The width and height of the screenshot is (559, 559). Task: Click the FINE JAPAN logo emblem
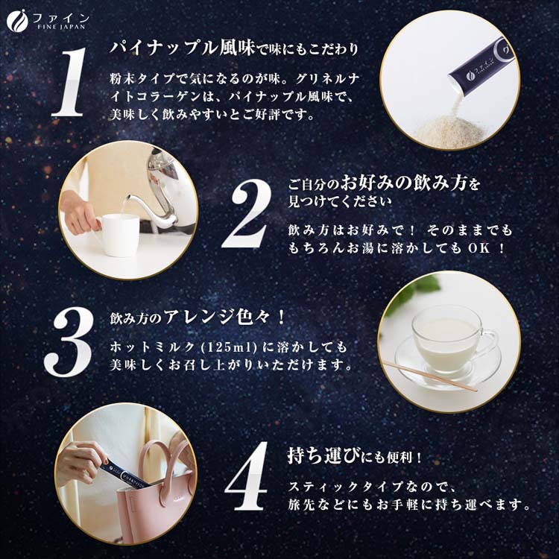click(17, 21)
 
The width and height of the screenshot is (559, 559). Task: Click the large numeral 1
click(69, 82)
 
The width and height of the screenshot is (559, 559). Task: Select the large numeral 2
click(247, 213)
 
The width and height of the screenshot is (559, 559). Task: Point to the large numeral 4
click(247, 476)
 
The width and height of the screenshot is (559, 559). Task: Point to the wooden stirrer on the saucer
click(430, 376)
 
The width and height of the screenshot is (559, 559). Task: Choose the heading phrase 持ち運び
click(323, 457)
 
